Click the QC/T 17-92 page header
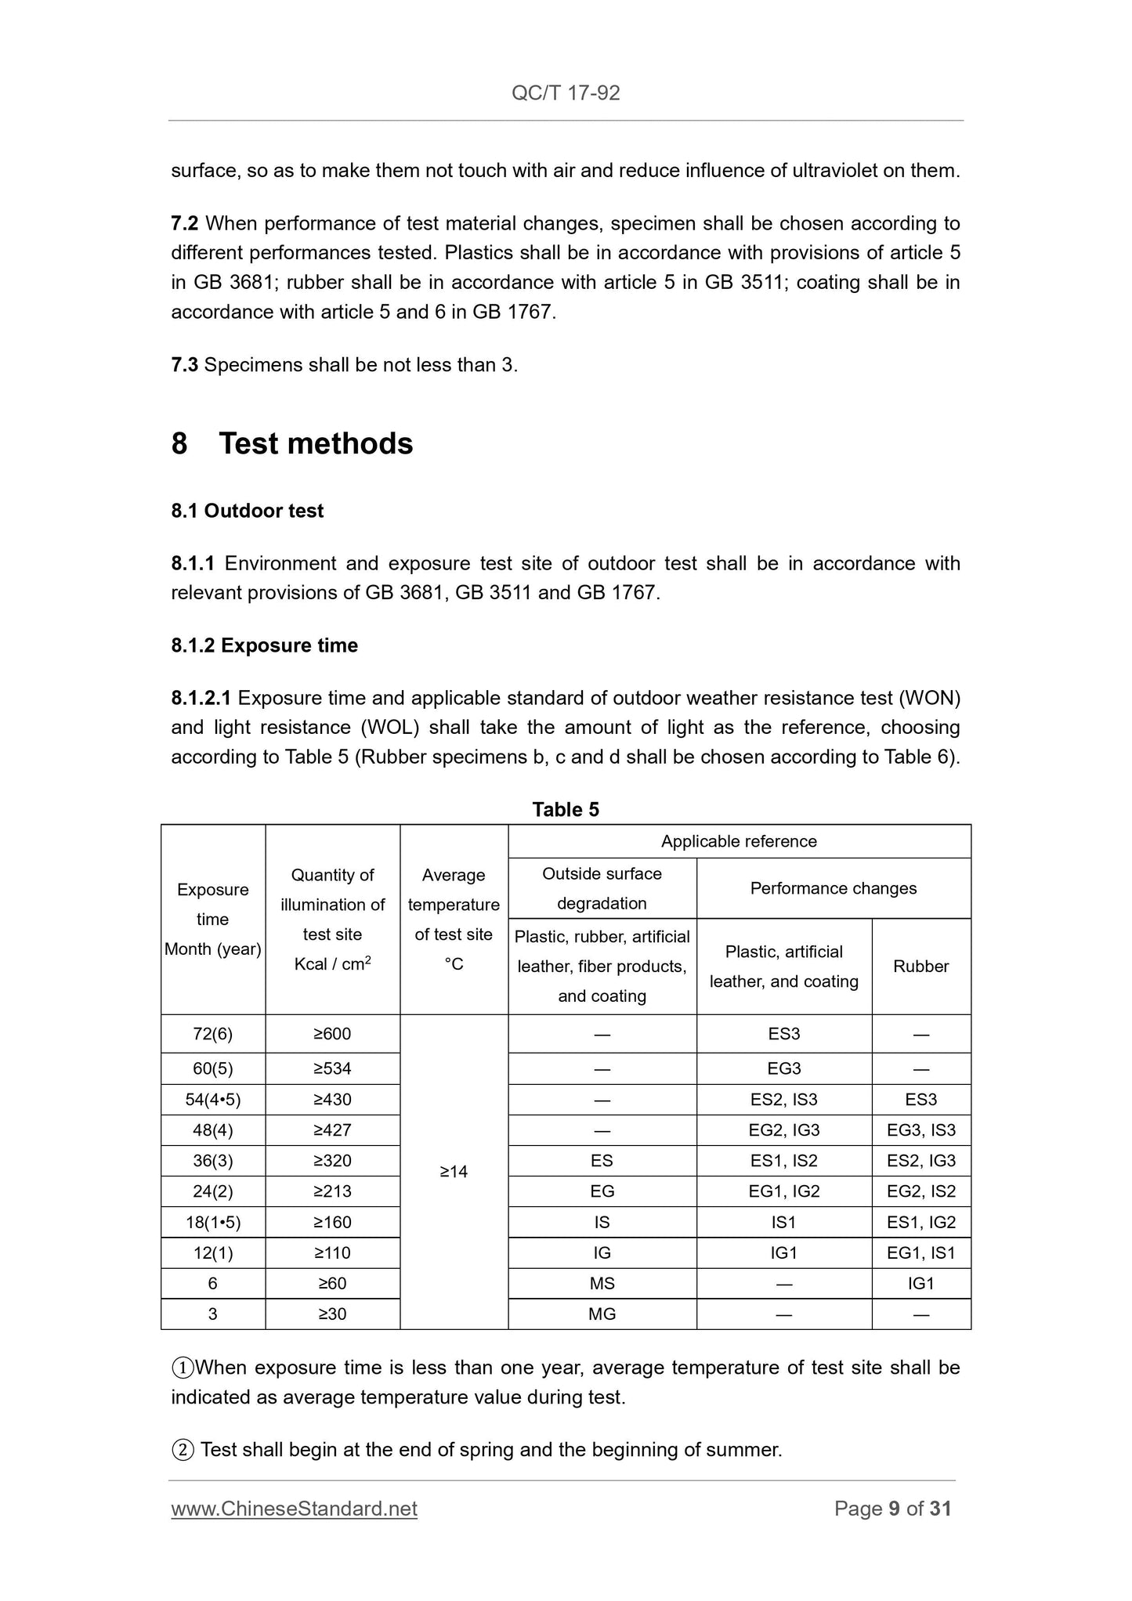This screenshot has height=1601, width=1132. [566, 93]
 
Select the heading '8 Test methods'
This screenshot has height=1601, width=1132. [292, 443]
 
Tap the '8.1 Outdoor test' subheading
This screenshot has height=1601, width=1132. [248, 511]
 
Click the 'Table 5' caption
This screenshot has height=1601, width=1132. [566, 809]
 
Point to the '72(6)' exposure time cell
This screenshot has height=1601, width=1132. [212, 1034]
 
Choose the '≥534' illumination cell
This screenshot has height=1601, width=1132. [332, 1068]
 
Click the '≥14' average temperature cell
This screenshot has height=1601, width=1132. [454, 1172]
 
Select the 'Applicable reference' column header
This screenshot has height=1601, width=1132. [739, 841]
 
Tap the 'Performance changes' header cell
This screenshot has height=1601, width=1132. [834, 888]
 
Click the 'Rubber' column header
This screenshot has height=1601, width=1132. [921, 967]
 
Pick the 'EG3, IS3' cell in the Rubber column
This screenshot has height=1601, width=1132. [921, 1130]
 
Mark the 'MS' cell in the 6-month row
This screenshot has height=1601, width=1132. [602, 1284]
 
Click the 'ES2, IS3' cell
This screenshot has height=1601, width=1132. [783, 1100]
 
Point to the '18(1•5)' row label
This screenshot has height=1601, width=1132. [212, 1223]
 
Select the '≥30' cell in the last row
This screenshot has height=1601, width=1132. [332, 1314]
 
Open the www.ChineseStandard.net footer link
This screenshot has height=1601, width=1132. [294, 1509]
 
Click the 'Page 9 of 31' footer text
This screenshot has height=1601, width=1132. [892, 1509]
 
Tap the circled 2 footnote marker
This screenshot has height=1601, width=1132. [182, 1450]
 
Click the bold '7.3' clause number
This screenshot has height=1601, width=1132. [185, 365]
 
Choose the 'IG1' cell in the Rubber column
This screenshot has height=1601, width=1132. [921, 1284]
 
